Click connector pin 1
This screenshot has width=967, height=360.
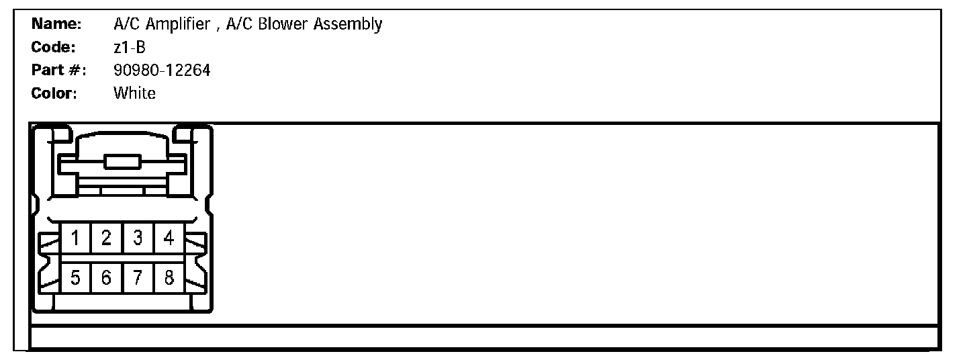point(76,238)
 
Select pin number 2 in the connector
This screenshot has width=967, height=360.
point(107,238)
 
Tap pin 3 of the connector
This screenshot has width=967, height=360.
point(138,238)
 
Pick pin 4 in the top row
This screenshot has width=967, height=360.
point(169,238)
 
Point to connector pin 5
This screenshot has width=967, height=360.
point(76,277)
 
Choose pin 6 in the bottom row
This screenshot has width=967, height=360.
point(107,277)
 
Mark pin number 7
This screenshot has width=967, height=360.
point(138,277)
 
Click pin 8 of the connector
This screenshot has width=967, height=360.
point(169,277)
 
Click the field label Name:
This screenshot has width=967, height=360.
point(56,25)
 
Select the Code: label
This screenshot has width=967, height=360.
point(54,48)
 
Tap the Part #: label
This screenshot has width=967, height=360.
point(58,71)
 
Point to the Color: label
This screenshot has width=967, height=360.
point(54,93)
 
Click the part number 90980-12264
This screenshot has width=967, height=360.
point(162,71)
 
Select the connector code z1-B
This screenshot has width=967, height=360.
point(130,48)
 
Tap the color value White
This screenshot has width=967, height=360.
point(134,93)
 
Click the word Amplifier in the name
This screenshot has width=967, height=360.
point(177,25)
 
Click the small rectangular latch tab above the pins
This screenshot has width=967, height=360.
point(122,161)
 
